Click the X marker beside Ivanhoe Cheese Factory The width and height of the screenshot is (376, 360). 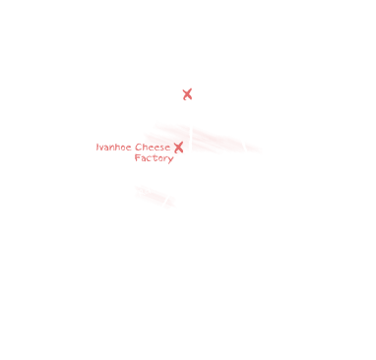178,148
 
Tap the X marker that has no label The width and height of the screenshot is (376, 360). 187,94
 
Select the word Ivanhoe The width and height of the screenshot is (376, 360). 114,147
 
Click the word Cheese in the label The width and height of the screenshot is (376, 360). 153,147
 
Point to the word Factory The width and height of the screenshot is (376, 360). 154,158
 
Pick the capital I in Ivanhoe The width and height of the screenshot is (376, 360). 97,147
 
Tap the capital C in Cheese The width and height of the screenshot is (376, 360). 138,148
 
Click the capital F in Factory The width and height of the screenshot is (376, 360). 138,157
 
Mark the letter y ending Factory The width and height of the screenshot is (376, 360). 170,159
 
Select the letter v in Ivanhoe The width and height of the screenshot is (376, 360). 101,148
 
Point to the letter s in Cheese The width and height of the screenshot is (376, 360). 161,148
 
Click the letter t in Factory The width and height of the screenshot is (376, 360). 154,158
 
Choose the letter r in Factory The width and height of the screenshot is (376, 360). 164,158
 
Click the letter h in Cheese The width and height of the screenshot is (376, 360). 145,147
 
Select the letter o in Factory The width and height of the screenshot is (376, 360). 159,159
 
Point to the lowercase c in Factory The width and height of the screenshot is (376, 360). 149,159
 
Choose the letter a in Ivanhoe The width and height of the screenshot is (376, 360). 107,148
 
